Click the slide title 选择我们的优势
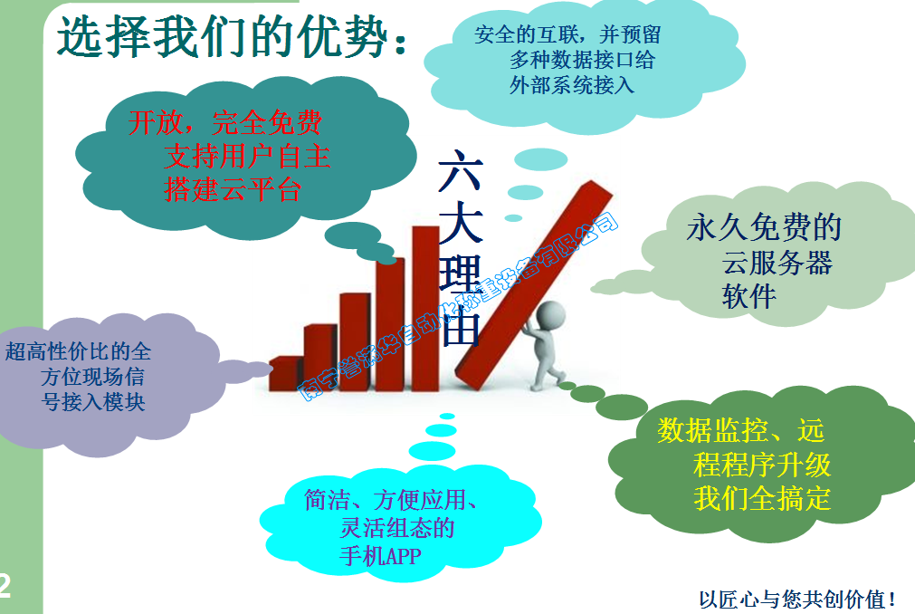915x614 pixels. [231, 38]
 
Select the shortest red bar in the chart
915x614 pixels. [285, 372]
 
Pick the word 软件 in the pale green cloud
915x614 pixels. [748, 296]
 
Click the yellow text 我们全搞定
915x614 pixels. [762, 498]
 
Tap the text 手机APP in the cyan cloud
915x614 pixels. [380, 555]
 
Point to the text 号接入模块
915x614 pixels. [93, 401]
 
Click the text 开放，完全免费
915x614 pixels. [224, 122]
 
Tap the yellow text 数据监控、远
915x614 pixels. [740, 429]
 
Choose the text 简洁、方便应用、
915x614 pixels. [392, 499]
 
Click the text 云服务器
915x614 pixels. [777, 263]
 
